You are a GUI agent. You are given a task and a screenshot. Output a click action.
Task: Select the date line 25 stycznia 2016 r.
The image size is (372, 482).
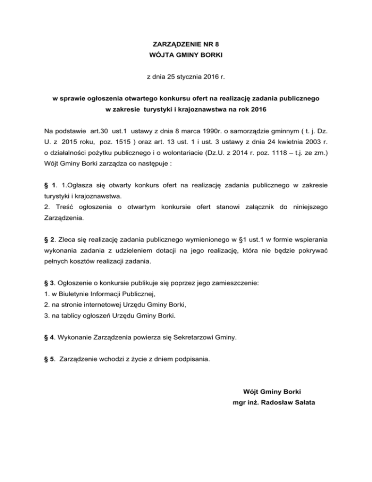(x=186, y=77)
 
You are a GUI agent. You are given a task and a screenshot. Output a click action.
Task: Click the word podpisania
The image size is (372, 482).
(x=191, y=360)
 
